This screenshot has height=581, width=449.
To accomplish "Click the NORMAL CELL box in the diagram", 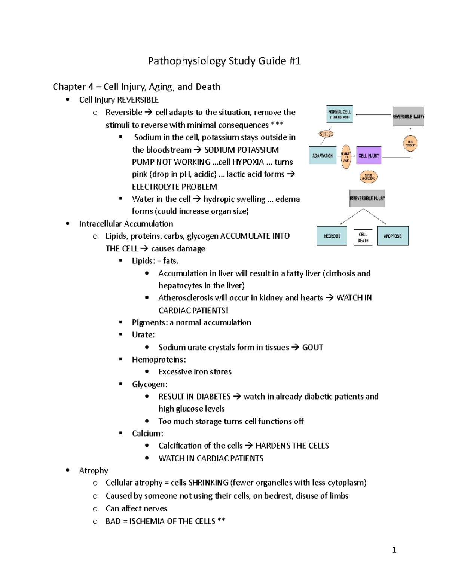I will pos(339,114).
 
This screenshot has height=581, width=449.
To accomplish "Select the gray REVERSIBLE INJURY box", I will pos(408,116).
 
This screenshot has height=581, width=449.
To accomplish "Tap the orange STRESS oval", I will pos(326,134).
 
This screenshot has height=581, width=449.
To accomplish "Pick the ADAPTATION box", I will pos(323,155).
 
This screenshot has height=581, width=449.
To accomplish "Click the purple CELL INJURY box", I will pos(369,155).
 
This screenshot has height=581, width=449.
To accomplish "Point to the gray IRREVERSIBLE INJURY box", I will pos(367,198).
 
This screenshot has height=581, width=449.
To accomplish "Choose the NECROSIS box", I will pos(332,236).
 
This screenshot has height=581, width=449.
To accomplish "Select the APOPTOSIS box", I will pos(393,236).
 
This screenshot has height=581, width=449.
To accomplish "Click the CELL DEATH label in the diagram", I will pos(363,238).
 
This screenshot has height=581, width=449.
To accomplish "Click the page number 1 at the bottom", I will pos(394,550).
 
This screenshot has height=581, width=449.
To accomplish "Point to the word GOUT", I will pos(312,347).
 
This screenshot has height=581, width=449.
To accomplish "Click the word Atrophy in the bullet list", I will pos(94,470).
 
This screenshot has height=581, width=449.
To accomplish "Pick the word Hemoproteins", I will pos(159,360).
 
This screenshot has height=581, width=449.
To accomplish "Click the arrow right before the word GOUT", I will pos(295,347).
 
